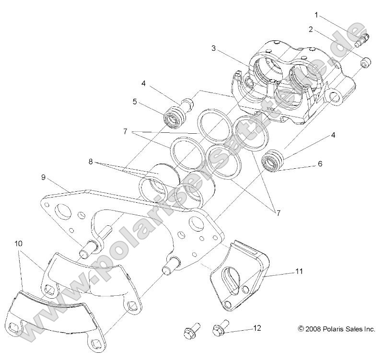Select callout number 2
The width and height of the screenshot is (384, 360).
(x=310, y=29)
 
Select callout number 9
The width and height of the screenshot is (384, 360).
(x=44, y=177)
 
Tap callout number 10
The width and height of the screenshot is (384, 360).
(x=18, y=243)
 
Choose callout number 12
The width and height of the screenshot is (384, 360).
(x=257, y=328)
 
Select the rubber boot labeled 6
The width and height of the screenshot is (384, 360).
(x=273, y=161)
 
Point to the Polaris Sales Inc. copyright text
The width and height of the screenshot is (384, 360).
(x=336, y=329)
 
